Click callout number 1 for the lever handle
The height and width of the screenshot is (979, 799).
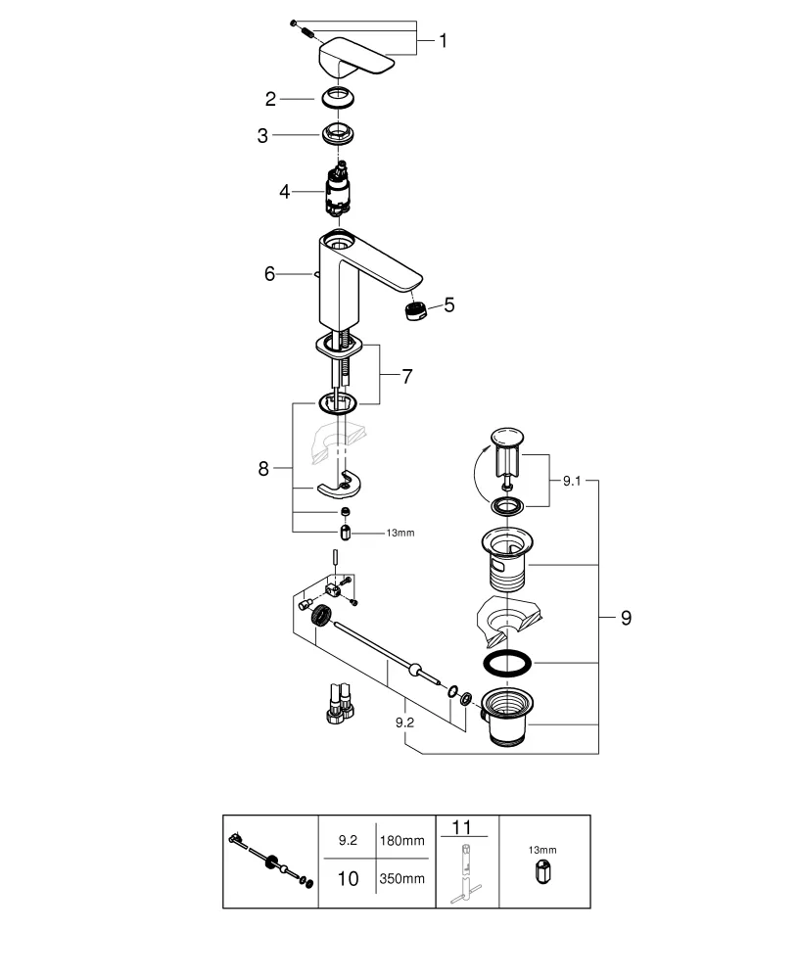[x=443, y=41]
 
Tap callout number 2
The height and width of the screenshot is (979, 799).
[x=270, y=98]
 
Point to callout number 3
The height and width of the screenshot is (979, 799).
[x=262, y=136]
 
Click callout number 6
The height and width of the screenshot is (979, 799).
[x=269, y=274]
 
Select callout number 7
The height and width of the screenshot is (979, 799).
[x=406, y=375]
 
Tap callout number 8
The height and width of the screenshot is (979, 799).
[x=262, y=469]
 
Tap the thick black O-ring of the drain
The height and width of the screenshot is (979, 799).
[x=507, y=663]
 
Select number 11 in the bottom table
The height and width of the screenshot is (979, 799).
[x=466, y=828]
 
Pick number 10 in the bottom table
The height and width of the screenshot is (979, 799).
[x=348, y=878]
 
